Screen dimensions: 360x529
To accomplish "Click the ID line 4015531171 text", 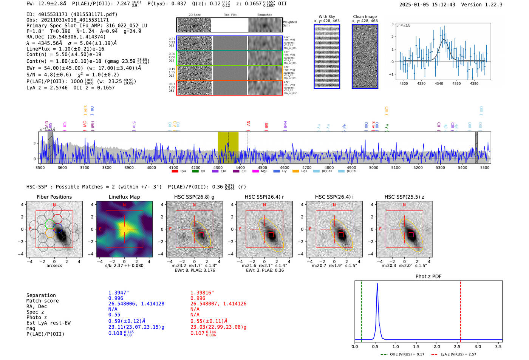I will (72, 14).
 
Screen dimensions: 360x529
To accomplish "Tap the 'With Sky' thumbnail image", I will (327, 56).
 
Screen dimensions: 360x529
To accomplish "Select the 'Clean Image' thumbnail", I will (365, 56).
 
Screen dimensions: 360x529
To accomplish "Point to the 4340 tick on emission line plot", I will (439, 83).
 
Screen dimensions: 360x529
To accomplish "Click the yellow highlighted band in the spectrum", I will (228, 147).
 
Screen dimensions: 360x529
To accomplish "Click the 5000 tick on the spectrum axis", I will (373, 167).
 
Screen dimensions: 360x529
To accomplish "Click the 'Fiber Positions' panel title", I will (54, 197).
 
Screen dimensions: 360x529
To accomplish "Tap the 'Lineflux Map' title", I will (124, 197).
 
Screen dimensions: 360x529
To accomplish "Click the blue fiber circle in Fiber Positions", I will (57, 228).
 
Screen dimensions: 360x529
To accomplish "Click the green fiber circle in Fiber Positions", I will (49, 224).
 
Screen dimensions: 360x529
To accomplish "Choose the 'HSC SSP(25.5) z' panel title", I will (404, 197).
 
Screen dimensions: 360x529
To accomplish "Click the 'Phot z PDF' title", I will (428, 276).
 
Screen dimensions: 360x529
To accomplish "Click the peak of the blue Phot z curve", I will (377, 284).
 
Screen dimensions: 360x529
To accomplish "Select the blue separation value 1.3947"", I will (119, 293).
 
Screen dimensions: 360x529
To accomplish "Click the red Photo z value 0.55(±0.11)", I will (209, 321).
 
